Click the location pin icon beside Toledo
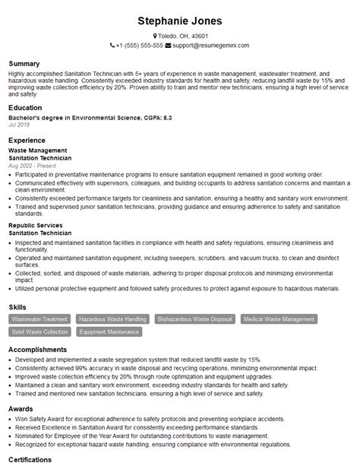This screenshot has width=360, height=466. point(155,36)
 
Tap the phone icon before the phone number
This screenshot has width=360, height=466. point(111,46)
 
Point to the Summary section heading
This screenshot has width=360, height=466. point(24,62)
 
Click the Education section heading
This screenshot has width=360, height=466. point(26,108)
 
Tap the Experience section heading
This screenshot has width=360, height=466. point(27,141)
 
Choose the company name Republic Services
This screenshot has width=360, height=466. point(36,226)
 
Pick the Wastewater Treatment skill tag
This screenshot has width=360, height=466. point(39,319)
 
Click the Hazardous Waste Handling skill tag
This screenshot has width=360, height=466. point(112,319)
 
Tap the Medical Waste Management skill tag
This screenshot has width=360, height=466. point(279,319)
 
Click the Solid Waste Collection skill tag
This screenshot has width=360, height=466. point(39,331)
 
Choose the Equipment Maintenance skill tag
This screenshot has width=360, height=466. point(109,331)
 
